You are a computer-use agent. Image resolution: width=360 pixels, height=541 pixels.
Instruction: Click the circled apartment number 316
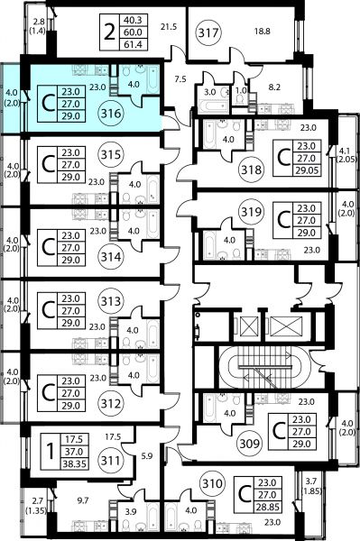click(111, 114)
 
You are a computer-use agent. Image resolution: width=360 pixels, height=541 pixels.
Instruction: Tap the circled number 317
click(208, 32)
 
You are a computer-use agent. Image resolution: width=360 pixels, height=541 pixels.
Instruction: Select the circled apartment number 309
click(250, 443)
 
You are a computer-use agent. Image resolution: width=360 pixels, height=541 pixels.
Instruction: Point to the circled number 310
click(212, 483)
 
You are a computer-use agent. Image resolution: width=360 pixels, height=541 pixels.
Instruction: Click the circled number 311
click(111, 461)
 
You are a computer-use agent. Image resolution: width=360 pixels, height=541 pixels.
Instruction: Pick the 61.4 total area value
click(134, 44)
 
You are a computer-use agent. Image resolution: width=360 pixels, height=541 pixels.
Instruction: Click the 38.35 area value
click(75, 464)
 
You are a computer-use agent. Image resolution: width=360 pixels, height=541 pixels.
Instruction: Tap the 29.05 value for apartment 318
click(306, 170)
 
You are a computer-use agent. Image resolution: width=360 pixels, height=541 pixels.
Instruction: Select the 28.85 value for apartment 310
click(267, 507)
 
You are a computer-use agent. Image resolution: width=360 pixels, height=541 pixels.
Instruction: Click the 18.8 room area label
click(263, 32)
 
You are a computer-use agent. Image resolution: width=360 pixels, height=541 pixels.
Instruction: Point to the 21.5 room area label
click(169, 26)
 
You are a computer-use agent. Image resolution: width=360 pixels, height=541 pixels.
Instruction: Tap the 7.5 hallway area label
click(180, 79)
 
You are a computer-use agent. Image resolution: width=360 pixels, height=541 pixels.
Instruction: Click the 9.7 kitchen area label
click(83, 500)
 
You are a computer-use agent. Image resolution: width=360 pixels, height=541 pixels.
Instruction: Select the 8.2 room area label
click(274, 87)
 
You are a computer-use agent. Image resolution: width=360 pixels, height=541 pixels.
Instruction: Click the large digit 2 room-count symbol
click(109, 32)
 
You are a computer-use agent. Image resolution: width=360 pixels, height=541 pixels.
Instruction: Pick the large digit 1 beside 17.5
click(51, 452)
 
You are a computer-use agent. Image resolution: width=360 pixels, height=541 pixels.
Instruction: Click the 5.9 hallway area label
click(147, 456)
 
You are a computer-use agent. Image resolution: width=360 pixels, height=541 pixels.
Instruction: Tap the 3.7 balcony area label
click(313, 480)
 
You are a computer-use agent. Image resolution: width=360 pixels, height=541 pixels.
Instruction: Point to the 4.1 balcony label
click(346, 151)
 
